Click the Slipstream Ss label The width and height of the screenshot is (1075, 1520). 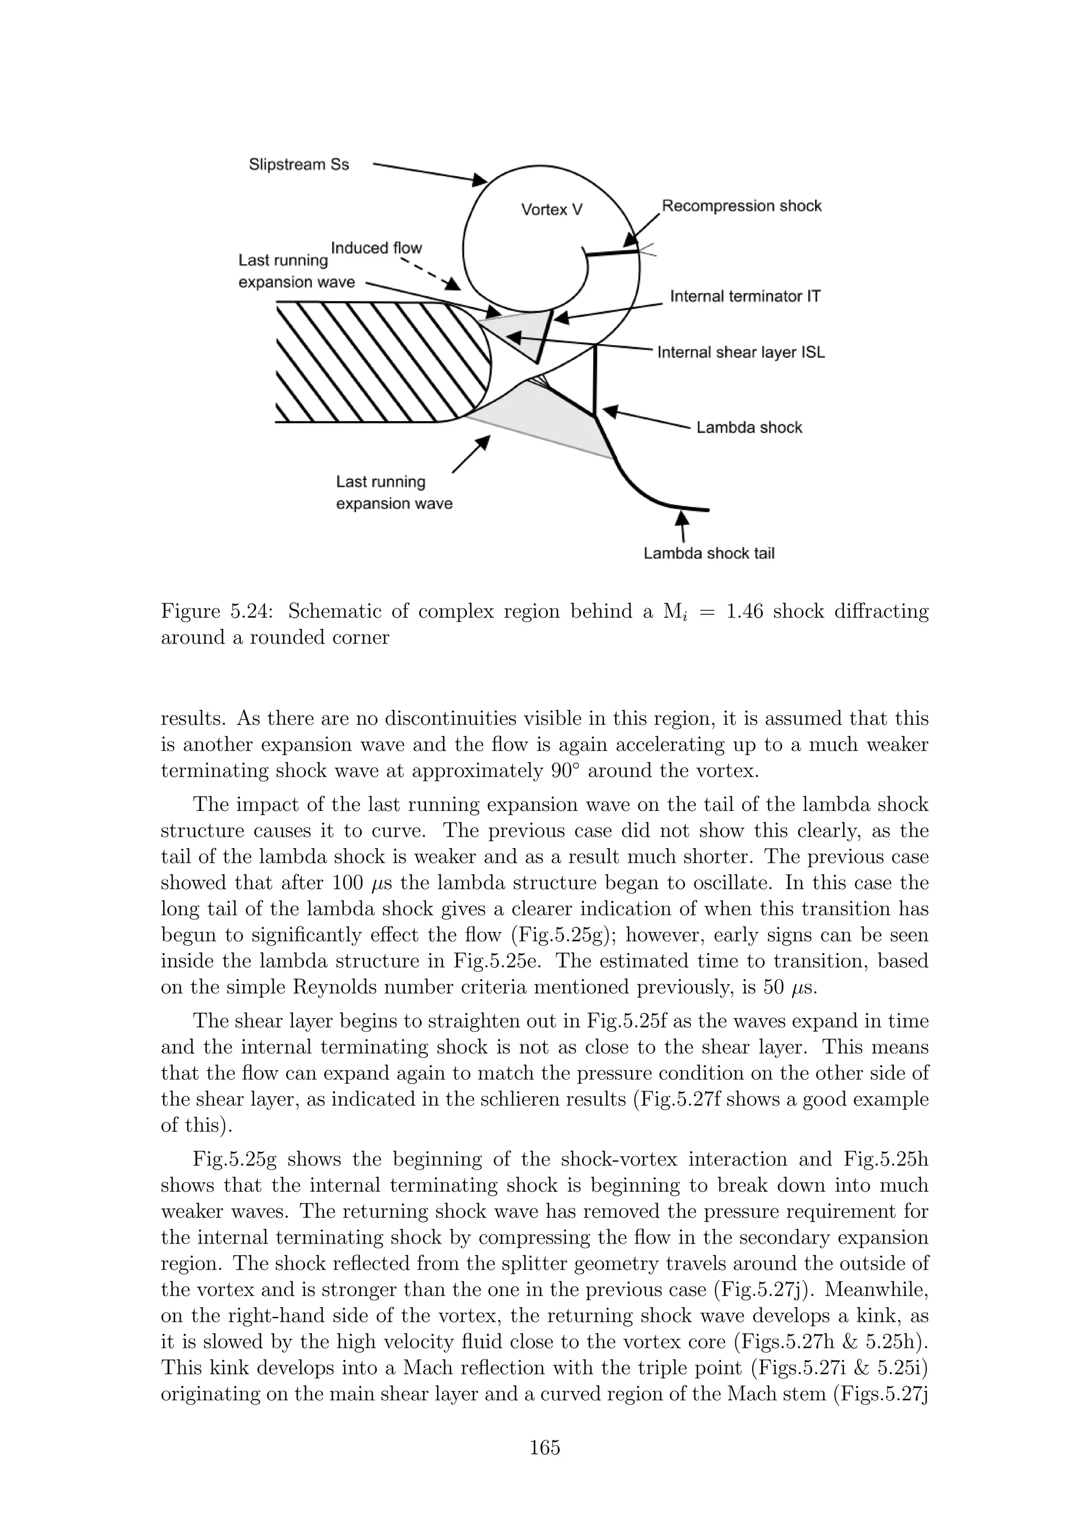click(x=299, y=164)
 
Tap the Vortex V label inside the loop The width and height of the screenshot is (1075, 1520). click(x=551, y=210)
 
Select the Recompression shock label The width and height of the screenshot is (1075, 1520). click(x=741, y=206)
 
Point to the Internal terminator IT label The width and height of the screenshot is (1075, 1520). click(x=745, y=296)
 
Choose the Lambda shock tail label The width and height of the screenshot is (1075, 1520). click(x=709, y=553)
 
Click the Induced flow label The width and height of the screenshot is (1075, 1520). click(x=376, y=248)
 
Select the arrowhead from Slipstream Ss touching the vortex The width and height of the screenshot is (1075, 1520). click(x=480, y=179)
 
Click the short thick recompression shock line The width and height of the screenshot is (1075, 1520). click(x=609, y=252)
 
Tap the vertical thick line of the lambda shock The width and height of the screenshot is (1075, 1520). click(x=595, y=381)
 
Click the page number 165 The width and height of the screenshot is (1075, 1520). click(x=544, y=1447)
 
